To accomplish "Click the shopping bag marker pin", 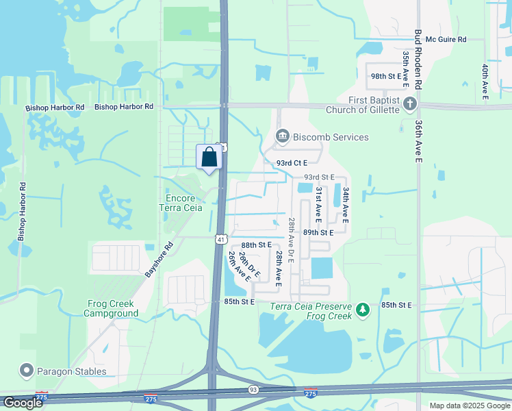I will pos(209,157).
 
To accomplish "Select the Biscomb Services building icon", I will pos(282,137).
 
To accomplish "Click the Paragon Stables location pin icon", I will pos(27,371).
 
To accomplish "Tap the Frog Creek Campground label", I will pos(111,308).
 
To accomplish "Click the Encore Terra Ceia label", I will pos(181,203).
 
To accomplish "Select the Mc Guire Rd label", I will pos(446,40).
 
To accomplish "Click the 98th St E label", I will pos(385,76).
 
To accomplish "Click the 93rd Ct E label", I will pos(292,163).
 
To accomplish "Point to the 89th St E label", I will pos(318,232).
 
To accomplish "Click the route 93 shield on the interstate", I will pos(253,389).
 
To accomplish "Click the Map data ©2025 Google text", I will pos(470,406).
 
